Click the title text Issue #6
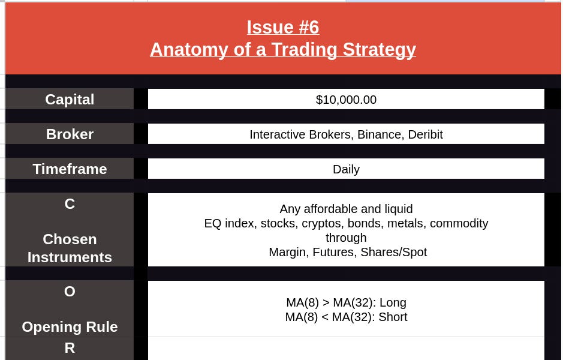(282, 28)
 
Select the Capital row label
(70, 100)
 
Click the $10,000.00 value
(346, 100)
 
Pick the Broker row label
(70, 134)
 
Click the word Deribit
(425, 134)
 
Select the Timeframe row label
(70, 169)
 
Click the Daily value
(346, 169)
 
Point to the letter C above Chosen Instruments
(70, 204)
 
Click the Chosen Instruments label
(70, 248)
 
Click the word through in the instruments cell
(346, 238)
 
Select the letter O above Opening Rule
(70, 292)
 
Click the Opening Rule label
(70, 327)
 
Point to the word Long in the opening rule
(393, 302)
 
